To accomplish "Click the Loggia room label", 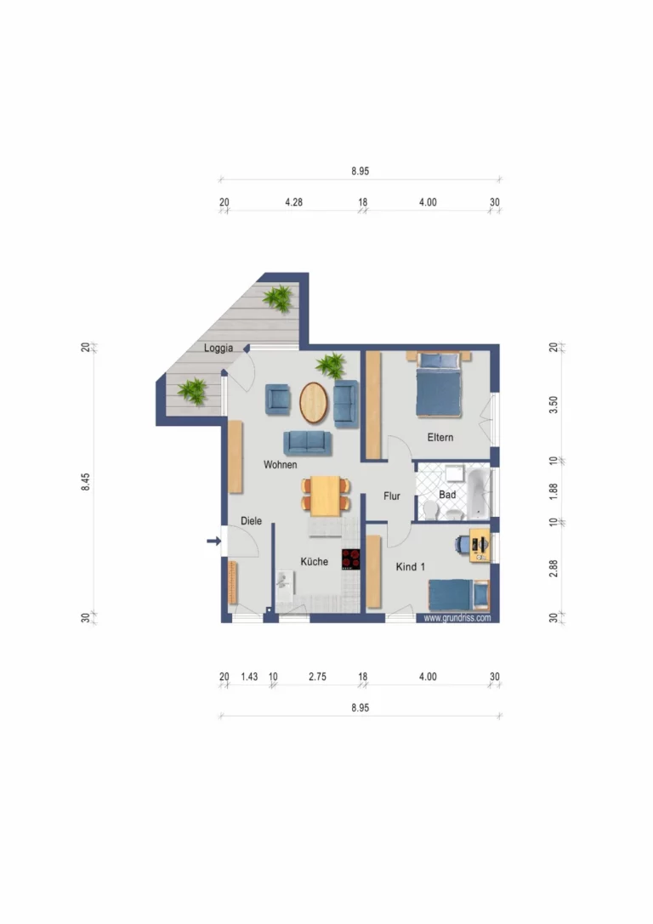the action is [219, 349].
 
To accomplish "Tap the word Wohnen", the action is [280, 465].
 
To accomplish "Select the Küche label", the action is [314, 562].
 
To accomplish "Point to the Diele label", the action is [251, 521].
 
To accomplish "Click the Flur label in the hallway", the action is [392, 496].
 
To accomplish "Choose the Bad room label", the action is [447, 495].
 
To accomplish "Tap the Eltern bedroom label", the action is [440, 437].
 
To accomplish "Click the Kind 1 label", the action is [410, 567].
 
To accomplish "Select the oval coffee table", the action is [314, 402].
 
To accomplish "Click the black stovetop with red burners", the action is [350, 559].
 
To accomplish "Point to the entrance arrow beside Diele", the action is [214, 541].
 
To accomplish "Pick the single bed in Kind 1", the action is [458, 594].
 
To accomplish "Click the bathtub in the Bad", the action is [479, 493].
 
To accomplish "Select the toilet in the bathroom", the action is [430, 510].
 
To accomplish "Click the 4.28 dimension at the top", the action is [293, 202].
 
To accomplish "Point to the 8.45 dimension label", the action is [86, 481].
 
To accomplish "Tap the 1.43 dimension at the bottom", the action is [249, 677].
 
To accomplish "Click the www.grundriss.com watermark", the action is [457, 618].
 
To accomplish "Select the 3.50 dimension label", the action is [554, 405].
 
